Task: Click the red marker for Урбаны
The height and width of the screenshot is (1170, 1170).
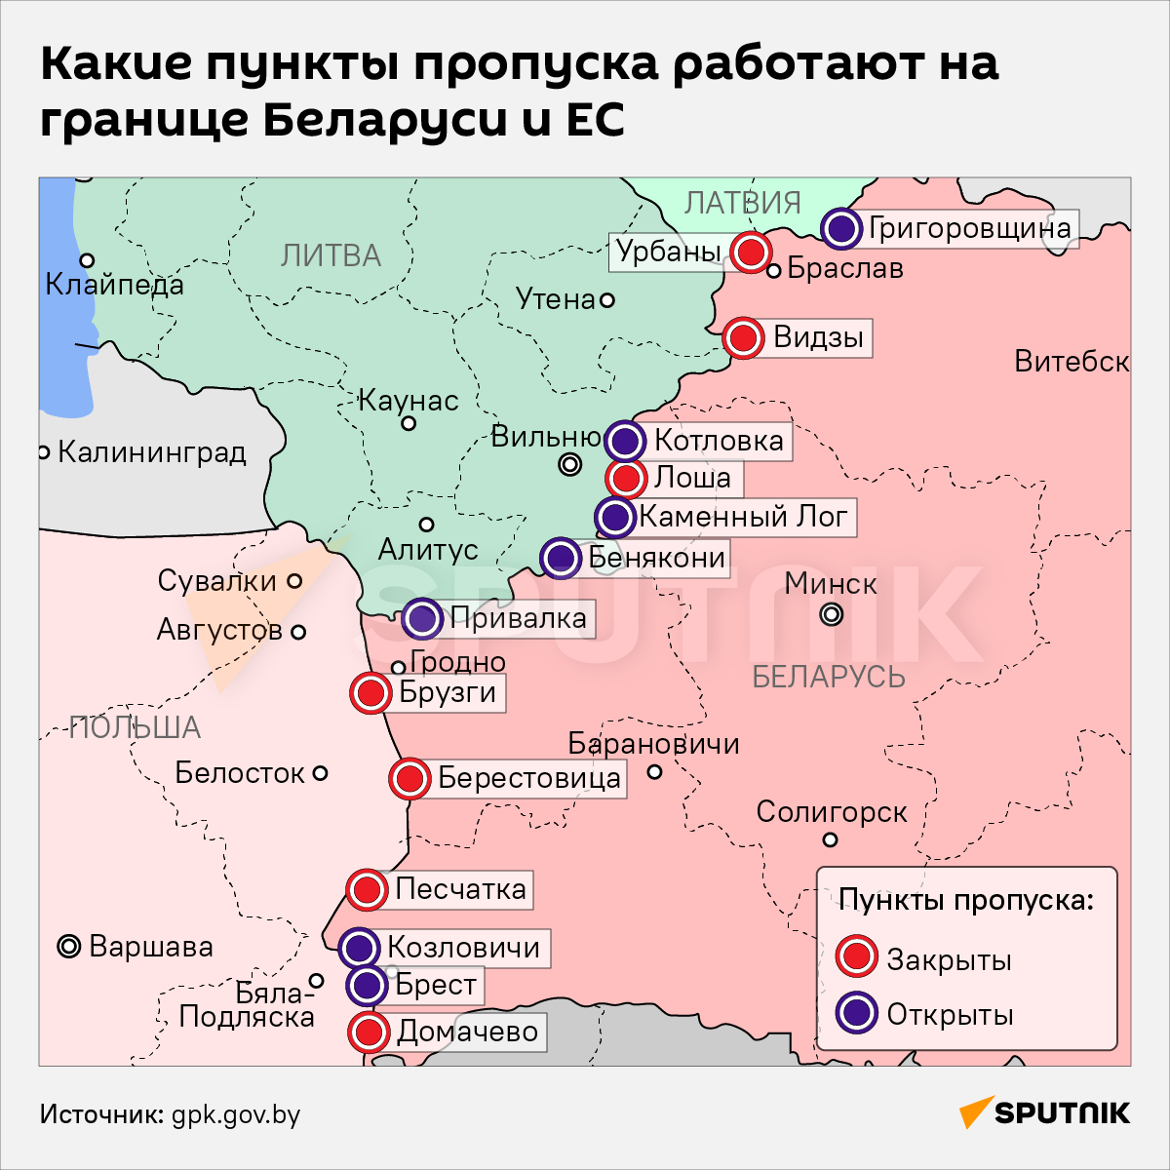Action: coord(750,253)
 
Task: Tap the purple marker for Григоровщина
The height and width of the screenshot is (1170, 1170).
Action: coord(841,228)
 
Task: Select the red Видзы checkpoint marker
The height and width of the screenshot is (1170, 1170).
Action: coord(744,337)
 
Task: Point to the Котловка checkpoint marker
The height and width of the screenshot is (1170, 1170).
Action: coord(625,441)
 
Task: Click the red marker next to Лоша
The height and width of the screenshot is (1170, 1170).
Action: coord(625,479)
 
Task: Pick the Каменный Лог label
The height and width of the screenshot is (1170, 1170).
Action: coord(743,516)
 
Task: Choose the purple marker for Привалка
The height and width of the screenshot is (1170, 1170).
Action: coord(422,617)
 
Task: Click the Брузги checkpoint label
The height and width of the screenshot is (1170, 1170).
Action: coord(448,693)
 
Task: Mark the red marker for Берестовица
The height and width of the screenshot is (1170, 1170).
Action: coord(409,778)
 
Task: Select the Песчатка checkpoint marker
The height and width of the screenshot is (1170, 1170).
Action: coord(367,889)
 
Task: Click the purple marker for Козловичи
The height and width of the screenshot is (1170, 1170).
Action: coord(359,947)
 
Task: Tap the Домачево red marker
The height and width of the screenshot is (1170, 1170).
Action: coord(368,1032)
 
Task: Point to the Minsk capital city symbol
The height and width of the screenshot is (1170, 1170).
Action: coord(832,614)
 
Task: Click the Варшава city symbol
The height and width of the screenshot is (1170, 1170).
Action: coord(68,946)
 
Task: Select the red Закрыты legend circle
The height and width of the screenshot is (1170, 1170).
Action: coord(857,957)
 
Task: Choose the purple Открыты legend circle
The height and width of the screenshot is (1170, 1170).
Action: coord(857,1013)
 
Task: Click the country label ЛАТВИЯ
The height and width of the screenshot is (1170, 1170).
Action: coord(742,203)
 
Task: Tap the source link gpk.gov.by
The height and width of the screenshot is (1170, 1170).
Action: coord(236,1114)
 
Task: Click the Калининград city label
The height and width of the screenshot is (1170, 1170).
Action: coord(152,452)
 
